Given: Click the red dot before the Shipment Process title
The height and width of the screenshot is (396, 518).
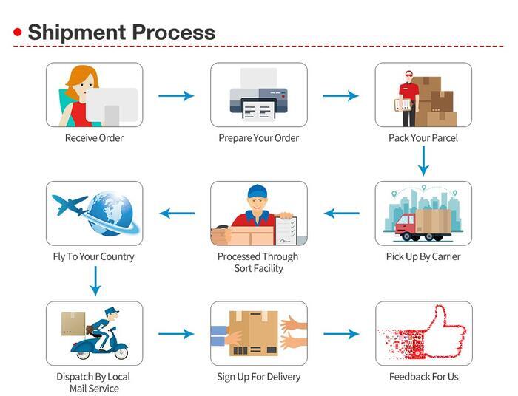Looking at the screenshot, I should point(18,33).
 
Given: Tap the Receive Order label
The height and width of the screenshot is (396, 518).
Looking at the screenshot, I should point(94,138).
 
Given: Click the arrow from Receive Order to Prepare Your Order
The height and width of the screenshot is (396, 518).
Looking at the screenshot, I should point(176,95).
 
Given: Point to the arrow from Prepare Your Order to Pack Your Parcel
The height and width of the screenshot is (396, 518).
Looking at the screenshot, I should point(340,95).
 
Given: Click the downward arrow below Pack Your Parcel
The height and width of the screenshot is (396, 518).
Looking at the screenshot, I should point(423,160).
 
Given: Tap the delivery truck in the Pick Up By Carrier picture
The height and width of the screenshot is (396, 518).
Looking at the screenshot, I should point(422,224).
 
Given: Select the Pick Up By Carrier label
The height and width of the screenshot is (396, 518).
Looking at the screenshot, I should point(423,256).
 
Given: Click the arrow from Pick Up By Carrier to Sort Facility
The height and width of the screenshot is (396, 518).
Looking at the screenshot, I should point(341,214).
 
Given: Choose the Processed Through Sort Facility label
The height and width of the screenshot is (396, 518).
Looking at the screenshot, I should point(258,262).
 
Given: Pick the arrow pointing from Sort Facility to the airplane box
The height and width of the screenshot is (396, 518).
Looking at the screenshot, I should point(177,214).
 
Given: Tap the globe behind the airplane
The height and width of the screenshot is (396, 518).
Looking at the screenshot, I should point(111,212).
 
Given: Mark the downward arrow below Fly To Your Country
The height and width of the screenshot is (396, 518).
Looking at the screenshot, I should point(95,281).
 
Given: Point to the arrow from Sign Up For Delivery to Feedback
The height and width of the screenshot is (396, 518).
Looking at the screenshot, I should point(340,334).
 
